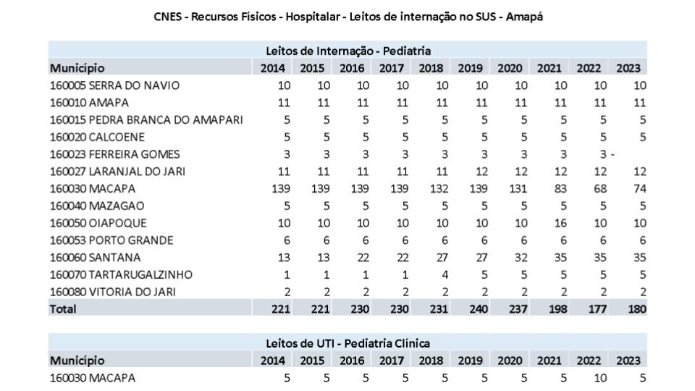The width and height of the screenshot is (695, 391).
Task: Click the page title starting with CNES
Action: (x=348, y=17)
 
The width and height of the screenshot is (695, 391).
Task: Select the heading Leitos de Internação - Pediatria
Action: (x=348, y=51)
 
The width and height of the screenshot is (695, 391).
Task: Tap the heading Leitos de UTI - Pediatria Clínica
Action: (x=348, y=343)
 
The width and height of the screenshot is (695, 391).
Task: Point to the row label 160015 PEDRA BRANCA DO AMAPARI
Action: (x=146, y=119)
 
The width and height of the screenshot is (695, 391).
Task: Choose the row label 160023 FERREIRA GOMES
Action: (x=114, y=154)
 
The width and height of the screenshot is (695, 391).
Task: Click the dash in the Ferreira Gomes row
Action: (x=612, y=154)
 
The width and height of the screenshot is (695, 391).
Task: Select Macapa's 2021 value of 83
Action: (x=554, y=188)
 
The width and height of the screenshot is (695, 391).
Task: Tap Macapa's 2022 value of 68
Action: (x=594, y=188)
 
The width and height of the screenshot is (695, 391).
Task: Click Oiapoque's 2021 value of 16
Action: (x=554, y=223)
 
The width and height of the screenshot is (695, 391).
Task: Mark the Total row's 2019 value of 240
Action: (x=472, y=309)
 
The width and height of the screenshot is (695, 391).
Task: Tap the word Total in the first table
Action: (x=63, y=309)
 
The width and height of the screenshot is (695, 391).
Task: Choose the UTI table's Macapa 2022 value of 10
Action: (x=594, y=378)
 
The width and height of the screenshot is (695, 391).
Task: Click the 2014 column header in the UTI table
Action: (x=276, y=361)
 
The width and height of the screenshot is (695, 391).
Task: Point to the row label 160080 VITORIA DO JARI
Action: (x=111, y=292)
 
